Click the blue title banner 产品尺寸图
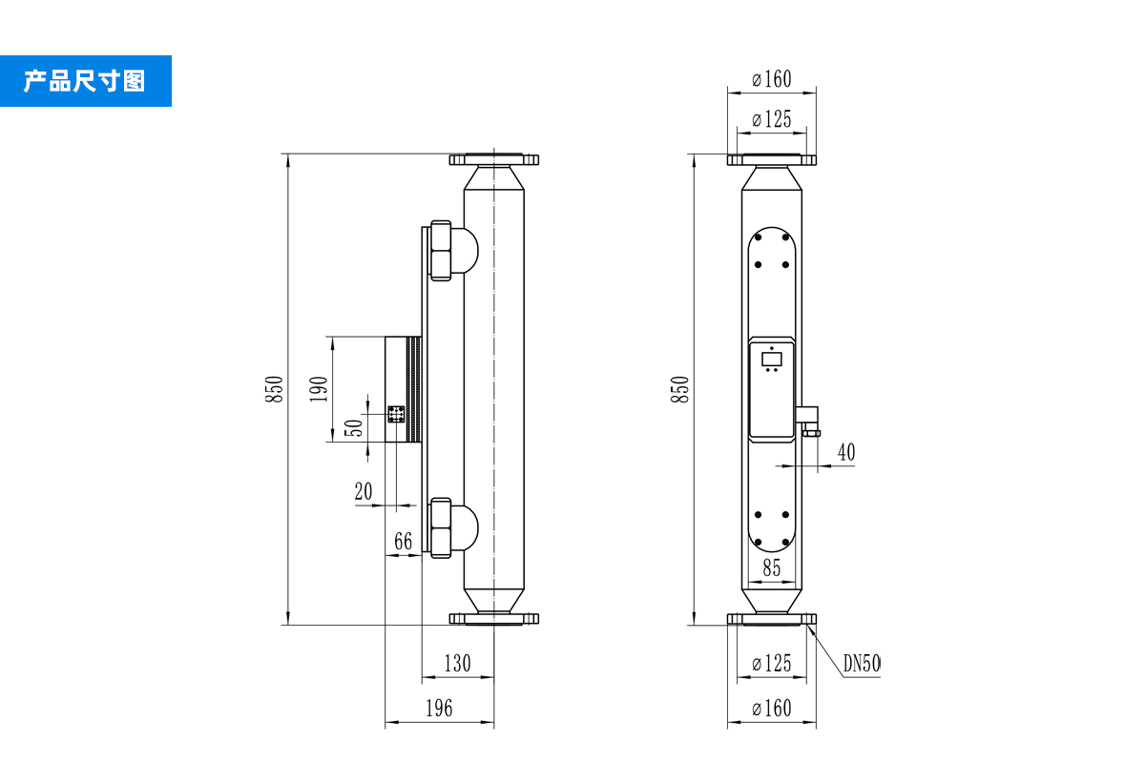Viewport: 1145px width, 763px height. click(x=85, y=81)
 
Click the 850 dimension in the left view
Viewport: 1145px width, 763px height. click(x=274, y=389)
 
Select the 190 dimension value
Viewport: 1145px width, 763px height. click(x=320, y=389)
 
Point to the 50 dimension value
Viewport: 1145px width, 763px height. click(x=352, y=428)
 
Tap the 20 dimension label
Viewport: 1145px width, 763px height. click(x=364, y=492)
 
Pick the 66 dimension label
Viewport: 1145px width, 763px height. click(x=403, y=542)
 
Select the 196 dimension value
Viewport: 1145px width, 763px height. click(x=438, y=708)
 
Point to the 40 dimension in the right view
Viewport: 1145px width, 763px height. click(x=846, y=453)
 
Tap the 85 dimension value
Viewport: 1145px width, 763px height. click(x=771, y=567)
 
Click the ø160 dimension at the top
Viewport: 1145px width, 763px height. click(x=771, y=79)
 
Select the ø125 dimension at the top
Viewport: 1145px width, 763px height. click(x=771, y=120)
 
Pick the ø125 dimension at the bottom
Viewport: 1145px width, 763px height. click(x=771, y=664)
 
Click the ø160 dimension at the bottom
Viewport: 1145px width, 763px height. click(x=771, y=709)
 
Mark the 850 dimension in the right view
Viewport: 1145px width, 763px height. click(x=678, y=389)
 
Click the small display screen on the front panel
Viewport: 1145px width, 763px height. click(x=771, y=359)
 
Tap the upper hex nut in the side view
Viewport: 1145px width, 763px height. click(x=440, y=251)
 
